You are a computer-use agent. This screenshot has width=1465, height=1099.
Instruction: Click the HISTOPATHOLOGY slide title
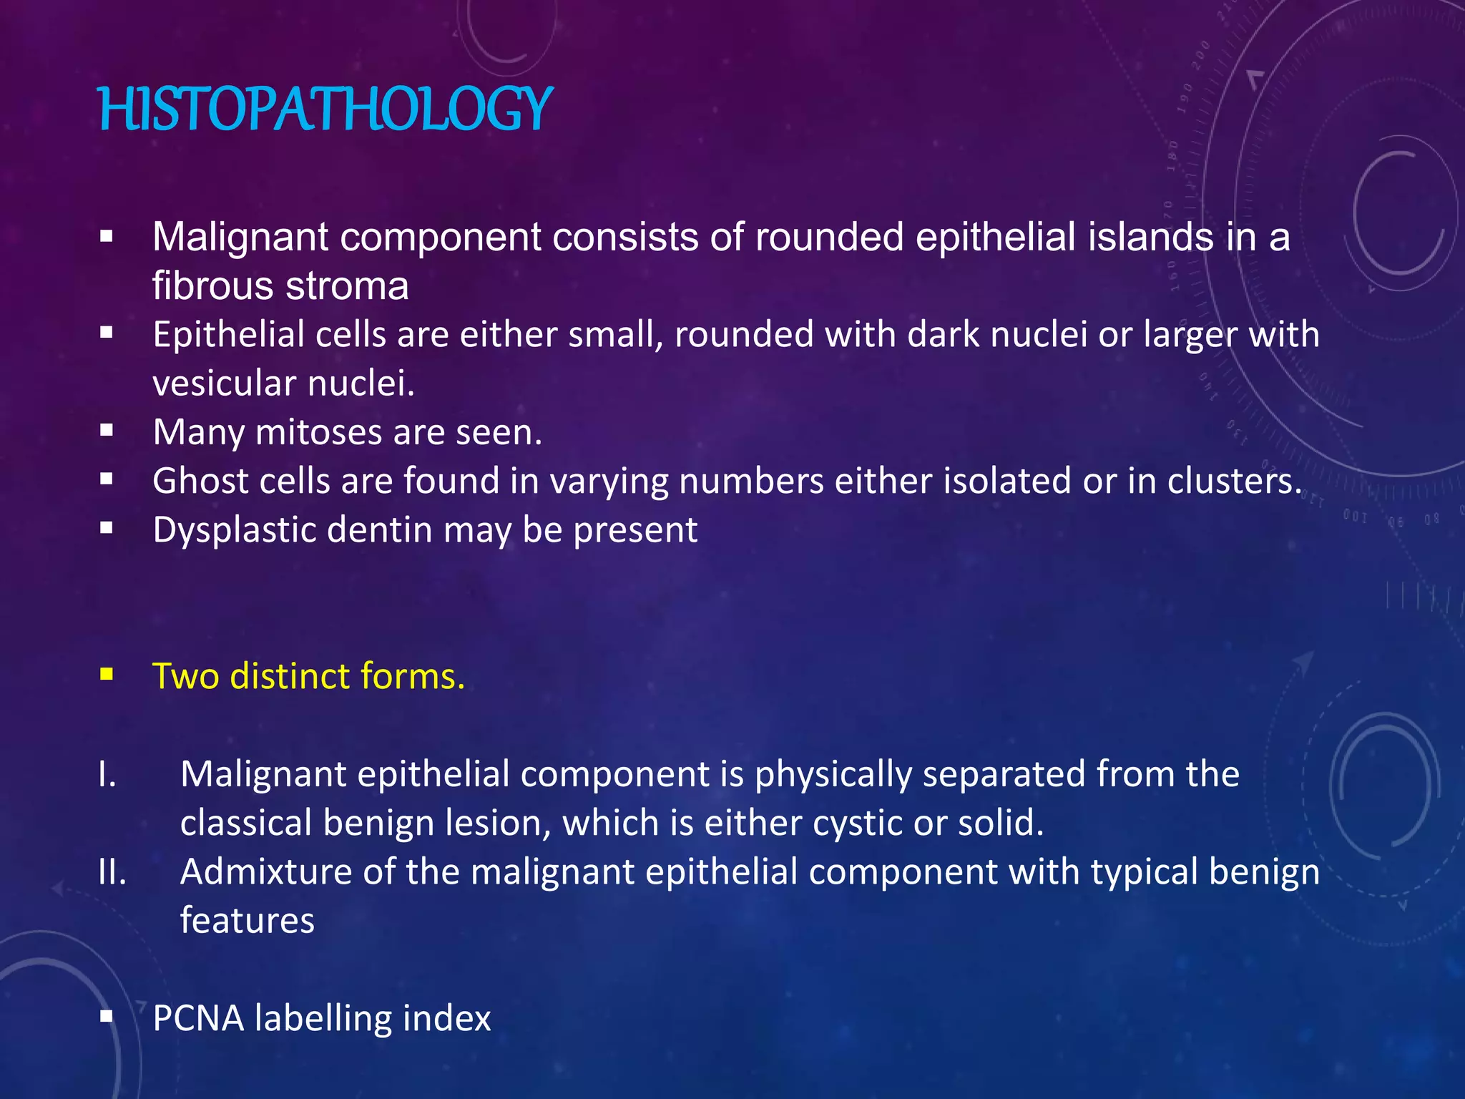325,109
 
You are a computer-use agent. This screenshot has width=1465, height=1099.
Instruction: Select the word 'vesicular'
214,384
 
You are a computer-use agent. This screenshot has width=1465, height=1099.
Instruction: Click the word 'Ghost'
200,481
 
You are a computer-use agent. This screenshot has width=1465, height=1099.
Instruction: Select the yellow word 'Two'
185,676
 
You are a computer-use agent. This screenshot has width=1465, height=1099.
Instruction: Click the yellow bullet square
107,673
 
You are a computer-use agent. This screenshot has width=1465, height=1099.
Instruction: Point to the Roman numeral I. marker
107,774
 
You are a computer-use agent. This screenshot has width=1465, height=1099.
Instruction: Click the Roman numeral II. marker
112,872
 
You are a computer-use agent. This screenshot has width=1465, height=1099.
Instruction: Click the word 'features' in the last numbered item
247,921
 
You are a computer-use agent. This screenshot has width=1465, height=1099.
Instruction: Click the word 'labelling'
323,1018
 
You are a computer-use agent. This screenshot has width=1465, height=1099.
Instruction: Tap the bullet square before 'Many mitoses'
107,430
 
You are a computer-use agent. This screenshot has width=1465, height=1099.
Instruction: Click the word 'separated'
1004,774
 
